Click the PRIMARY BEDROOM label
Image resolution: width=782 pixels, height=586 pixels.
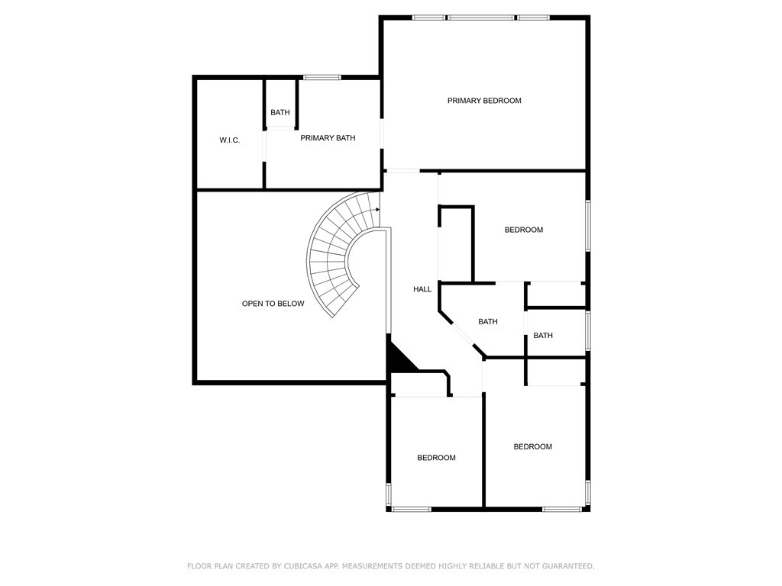(483, 101)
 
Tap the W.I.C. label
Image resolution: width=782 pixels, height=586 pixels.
(229, 140)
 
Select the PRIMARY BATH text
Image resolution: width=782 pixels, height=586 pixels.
(328, 138)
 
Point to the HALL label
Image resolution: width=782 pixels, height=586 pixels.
(422, 289)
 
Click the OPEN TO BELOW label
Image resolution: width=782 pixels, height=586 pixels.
(273, 304)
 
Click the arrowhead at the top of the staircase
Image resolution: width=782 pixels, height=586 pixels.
(377, 210)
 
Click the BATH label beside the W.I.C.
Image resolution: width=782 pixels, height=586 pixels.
(280, 113)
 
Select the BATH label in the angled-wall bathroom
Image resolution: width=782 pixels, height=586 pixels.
(488, 322)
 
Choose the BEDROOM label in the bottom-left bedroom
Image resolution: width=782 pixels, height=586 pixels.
(436, 458)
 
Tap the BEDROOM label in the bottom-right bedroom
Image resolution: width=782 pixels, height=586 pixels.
(532, 447)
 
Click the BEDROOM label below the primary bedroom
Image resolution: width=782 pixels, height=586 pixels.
(524, 230)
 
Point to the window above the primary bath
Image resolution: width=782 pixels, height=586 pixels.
(322, 77)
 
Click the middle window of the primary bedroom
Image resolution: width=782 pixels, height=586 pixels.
(480, 18)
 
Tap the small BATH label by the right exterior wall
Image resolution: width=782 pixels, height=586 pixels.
(543, 336)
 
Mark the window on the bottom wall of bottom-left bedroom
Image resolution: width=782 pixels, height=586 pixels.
(412, 509)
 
